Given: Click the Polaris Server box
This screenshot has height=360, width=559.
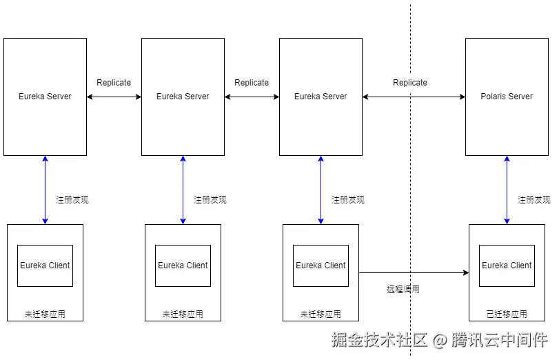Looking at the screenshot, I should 507,97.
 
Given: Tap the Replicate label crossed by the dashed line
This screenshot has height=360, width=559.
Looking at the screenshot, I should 410,83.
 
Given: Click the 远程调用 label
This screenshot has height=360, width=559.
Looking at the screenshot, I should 403,290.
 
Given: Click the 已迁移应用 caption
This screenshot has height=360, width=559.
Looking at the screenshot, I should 507,314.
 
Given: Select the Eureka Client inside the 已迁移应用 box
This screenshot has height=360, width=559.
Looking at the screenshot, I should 507,266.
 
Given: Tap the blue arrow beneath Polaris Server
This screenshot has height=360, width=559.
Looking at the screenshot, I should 507,190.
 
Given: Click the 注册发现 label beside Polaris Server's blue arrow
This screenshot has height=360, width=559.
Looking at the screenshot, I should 534,200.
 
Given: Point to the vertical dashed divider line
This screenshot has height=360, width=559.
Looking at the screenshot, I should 411,207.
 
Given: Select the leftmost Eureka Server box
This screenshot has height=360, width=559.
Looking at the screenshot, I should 45,97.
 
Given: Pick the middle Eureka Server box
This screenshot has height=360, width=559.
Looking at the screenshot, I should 183,97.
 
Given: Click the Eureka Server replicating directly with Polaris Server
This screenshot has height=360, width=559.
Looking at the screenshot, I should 321,97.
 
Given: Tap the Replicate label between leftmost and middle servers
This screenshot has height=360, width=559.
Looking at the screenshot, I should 114,83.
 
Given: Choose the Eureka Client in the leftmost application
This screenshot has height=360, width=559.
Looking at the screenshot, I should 45,266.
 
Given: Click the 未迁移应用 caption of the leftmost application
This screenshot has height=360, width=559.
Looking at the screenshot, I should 45,314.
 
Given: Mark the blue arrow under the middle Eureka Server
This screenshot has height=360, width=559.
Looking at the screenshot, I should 183,190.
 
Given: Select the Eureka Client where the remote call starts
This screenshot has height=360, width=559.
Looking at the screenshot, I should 321,266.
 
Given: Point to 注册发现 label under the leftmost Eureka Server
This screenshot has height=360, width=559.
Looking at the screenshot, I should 72,200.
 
